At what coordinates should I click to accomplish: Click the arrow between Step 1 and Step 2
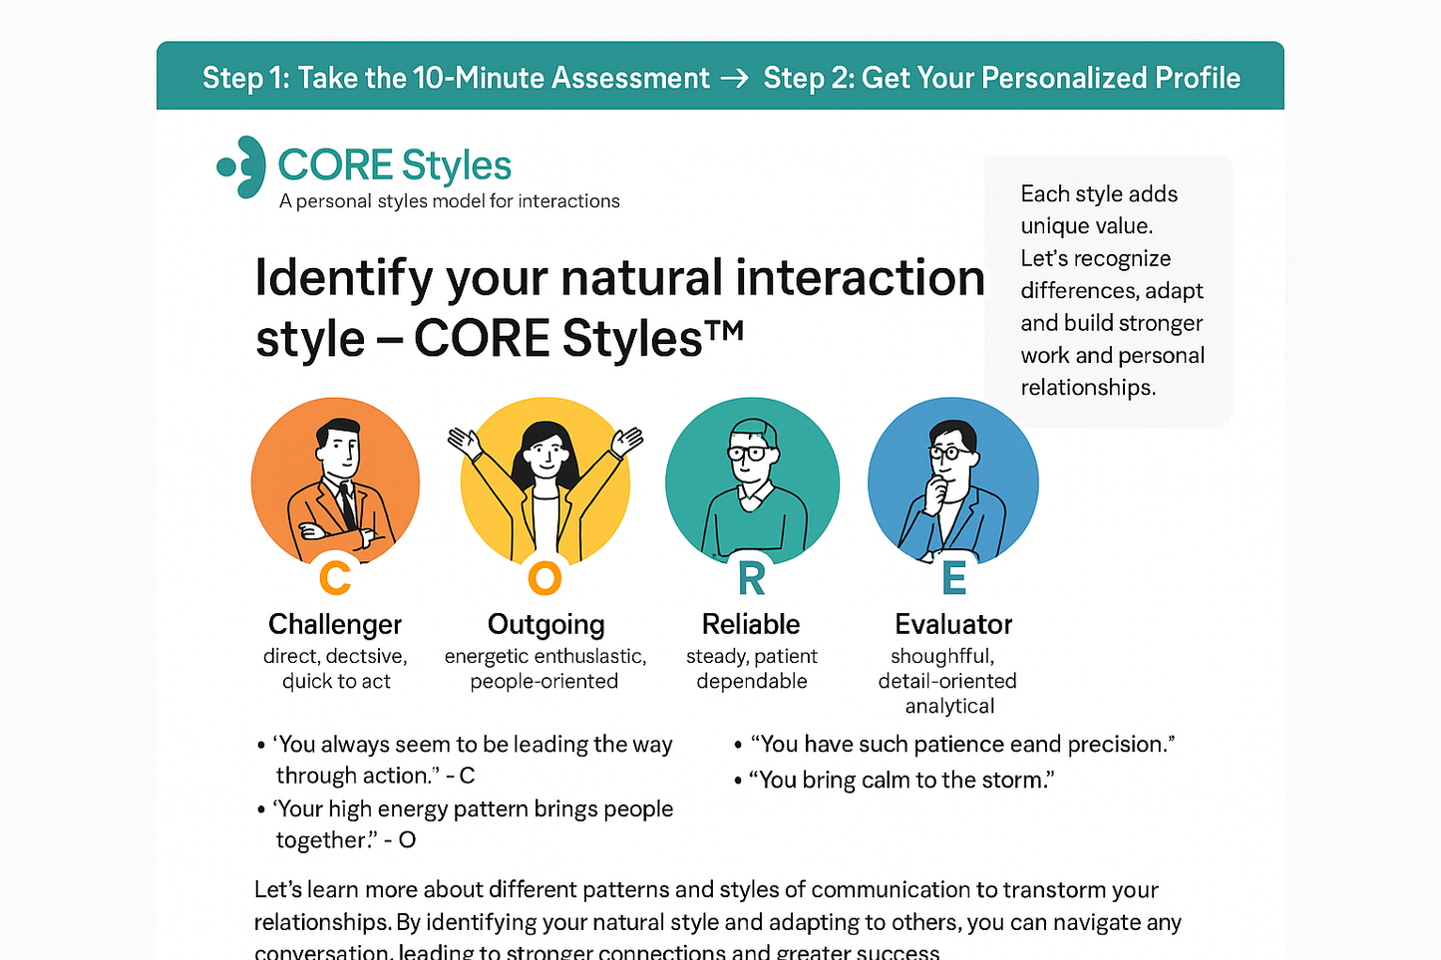[x=735, y=79]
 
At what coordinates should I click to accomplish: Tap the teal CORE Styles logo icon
[x=242, y=166]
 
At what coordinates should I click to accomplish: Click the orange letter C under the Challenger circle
[x=335, y=577]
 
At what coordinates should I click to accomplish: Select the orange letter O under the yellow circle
[x=544, y=577]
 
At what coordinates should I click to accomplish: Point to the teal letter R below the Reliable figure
[x=752, y=578]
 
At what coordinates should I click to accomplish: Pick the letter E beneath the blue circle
[x=953, y=578]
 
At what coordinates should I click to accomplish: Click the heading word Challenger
[x=335, y=624]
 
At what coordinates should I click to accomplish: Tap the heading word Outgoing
[x=545, y=625]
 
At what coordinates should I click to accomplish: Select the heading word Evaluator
[x=953, y=624]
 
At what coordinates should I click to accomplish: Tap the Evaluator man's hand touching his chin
[x=936, y=489]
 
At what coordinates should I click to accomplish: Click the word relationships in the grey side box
[x=1087, y=388]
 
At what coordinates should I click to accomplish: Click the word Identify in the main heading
[x=343, y=278]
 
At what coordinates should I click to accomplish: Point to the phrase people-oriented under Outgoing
[x=544, y=681]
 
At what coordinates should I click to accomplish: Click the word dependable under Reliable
[x=752, y=681]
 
